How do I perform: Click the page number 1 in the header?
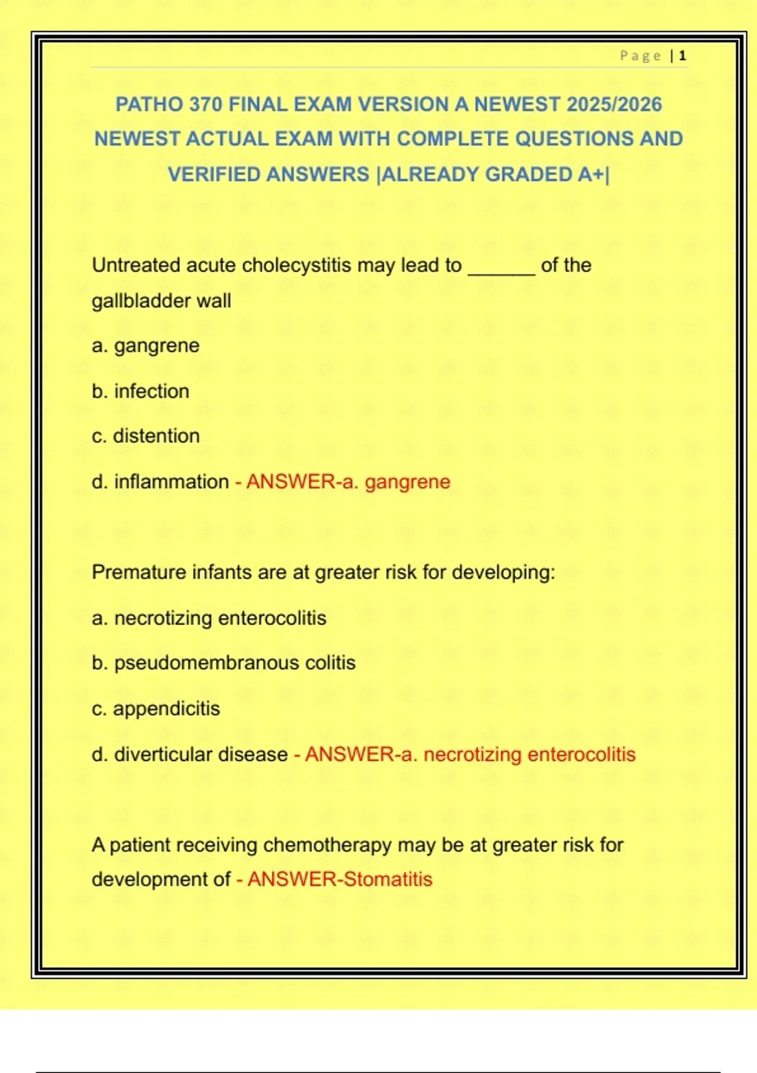682,56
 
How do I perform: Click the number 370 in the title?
205,104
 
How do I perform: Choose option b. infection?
140,391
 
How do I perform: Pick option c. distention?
145,436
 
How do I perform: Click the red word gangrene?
408,482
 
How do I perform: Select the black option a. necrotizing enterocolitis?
209,618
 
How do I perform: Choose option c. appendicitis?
155,709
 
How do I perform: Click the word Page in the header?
640,56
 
